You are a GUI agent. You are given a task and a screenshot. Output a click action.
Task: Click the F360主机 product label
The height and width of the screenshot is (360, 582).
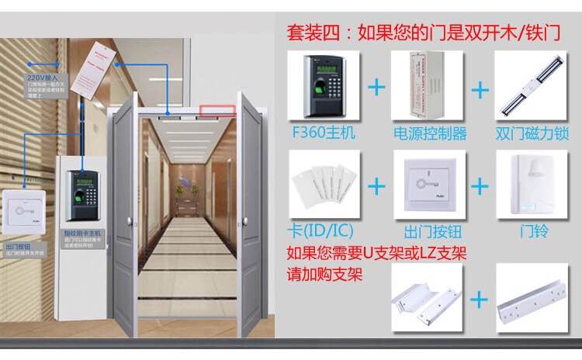(x=324, y=133)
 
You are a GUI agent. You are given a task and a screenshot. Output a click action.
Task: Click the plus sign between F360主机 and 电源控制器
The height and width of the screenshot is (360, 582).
(x=376, y=86)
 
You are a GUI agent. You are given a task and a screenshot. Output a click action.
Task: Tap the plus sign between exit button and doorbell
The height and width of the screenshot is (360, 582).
(x=480, y=186)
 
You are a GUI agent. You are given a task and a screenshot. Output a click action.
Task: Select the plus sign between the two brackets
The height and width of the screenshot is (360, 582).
(x=480, y=299)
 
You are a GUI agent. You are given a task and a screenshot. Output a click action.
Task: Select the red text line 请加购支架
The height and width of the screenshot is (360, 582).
(x=324, y=274)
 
